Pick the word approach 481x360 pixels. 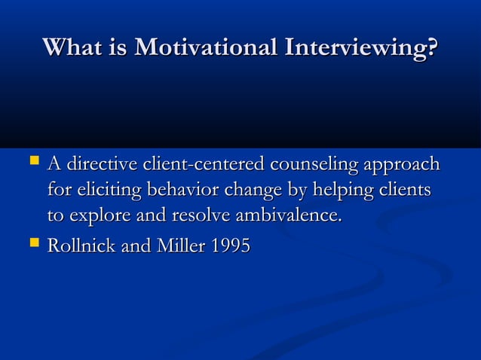[x=401, y=165]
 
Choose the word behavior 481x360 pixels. [x=180, y=190]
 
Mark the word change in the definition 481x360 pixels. [x=249, y=191]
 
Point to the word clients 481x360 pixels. [x=406, y=190]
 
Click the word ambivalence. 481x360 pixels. [x=289, y=216]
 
